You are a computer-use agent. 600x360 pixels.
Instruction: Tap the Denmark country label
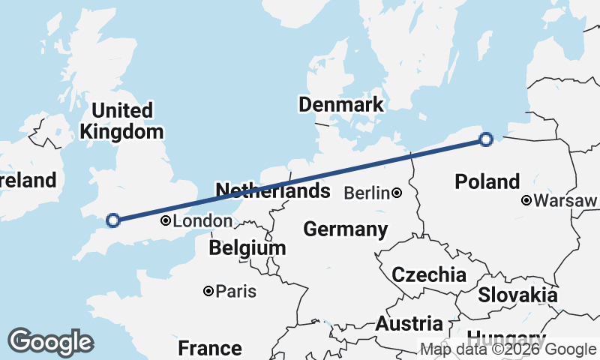[x=341, y=104]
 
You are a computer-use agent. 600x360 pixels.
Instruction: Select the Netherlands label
[x=273, y=190]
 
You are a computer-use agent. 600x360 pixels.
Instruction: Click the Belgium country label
[x=247, y=247]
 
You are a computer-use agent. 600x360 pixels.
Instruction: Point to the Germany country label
[x=346, y=229]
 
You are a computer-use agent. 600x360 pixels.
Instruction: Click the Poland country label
[x=487, y=181]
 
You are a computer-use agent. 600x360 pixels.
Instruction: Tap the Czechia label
[x=429, y=274]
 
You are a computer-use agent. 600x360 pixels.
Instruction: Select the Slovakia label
[x=518, y=295]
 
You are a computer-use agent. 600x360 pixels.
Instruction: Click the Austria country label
[x=409, y=324]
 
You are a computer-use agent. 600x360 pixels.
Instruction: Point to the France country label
[x=210, y=348]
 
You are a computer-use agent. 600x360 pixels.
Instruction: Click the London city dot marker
[x=166, y=221]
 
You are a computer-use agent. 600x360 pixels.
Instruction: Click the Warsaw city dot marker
[x=527, y=200]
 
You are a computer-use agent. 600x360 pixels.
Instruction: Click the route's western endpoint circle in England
[x=113, y=220]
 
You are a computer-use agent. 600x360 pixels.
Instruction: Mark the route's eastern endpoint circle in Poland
[x=486, y=139]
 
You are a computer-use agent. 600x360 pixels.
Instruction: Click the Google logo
[x=50, y=342]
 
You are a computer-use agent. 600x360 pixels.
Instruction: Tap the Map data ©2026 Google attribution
[x=508, y=349]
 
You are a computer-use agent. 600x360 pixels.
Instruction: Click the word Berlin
[x=367, y=193]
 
